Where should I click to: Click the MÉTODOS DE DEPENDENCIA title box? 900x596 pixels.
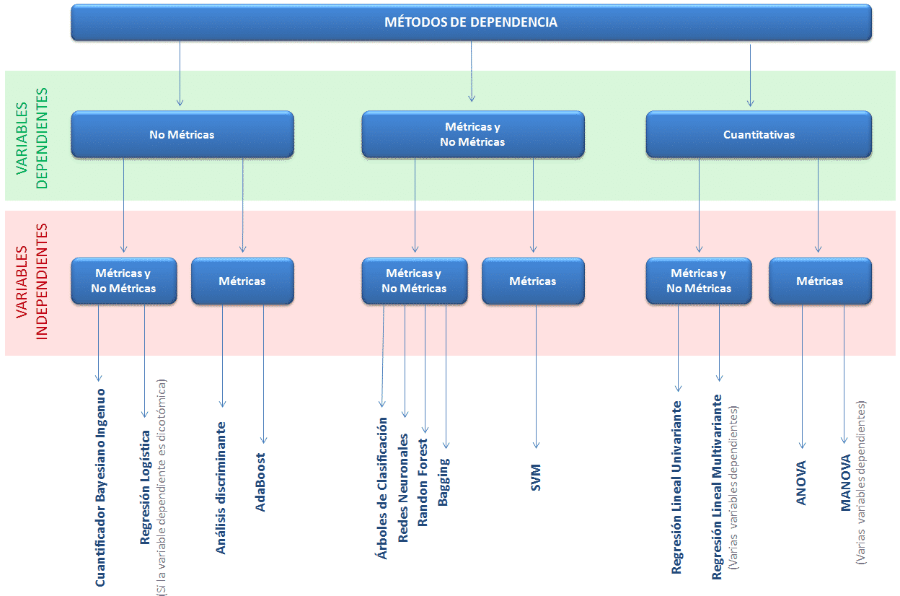(471, 22)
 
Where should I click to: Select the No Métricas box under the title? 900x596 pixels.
(182, 134)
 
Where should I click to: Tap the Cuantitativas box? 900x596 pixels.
(759, 134)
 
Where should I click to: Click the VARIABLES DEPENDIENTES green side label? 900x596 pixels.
(32, 138)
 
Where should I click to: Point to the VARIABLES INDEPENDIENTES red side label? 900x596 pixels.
(32, 281)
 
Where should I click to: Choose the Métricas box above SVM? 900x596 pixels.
(533, 281)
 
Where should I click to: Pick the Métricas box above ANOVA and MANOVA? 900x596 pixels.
(820, 281)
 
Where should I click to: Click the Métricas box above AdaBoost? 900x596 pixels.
(242, 281)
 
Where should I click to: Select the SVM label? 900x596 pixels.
(536, 478)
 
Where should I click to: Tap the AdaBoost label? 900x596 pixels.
(260, 482)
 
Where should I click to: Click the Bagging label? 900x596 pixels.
(444, 482)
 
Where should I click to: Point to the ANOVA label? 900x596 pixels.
(800, 483)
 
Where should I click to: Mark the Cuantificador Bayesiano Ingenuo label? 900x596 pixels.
(100, 488)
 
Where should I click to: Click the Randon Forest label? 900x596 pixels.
(423, 482)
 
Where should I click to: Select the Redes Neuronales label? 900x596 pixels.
(403, 488)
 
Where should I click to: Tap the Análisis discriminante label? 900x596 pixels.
(221, 488)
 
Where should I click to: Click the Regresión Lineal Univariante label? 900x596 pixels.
(676, 487)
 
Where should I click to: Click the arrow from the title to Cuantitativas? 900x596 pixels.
(750, 76)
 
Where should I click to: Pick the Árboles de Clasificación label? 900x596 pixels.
(382, 488)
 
